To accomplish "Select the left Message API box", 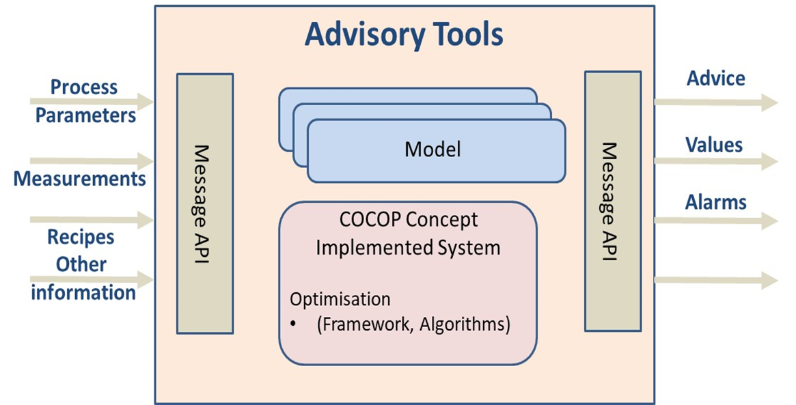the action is [x=204, y=204].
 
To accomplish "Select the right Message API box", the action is [x=613, y=201].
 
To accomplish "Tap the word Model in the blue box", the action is [x=433, y=149].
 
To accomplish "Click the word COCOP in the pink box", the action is [x=370, y=220].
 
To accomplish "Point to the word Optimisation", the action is [x=340, y=299].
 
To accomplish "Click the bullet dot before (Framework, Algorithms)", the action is [x=293, y=324].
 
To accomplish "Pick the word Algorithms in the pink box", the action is [x=465, y=324].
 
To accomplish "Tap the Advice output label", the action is [x=716, y=78].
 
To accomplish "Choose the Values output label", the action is [x=714, y=145].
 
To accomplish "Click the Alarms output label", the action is [x=716, y=202].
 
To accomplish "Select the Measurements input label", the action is [x=80, y=179].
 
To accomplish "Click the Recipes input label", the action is [x=81, y=237].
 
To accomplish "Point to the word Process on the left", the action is [x=84, y=87].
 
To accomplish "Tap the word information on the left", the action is [x=83, y=293].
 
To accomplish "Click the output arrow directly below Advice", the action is [x=716, y=102].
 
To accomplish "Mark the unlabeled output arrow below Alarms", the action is [x=716, y=280].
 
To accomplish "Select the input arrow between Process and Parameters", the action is [x=92, y=102].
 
